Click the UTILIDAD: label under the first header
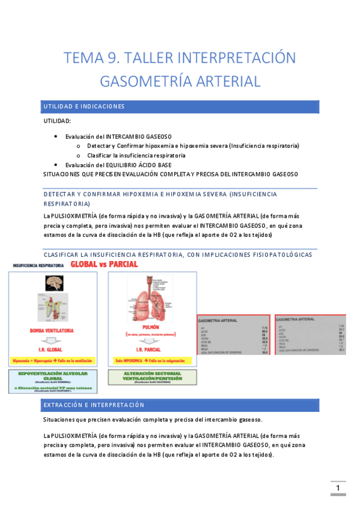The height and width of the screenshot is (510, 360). (57, 121)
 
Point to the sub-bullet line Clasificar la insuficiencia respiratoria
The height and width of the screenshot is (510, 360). (136, 155)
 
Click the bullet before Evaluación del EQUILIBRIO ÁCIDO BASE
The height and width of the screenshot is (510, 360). (56, 165)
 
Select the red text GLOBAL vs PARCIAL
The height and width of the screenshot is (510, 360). (104, 265)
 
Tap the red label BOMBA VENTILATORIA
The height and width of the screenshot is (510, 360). (55, 331)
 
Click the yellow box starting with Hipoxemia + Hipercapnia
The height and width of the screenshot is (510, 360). (55, 361)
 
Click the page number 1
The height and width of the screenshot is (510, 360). (338, 488)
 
